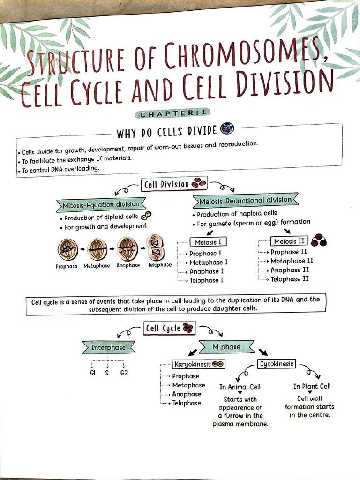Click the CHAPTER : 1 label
173,113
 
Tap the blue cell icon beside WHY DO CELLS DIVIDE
227,128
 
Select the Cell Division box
174,184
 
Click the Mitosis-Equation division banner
101,205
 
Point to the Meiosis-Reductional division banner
246,201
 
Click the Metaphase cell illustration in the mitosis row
97,249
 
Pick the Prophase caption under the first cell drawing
67,266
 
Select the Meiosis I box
208,242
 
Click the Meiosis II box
289,241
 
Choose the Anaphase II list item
290,270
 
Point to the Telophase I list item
207,280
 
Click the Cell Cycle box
169,328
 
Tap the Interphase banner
109,347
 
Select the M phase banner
226,347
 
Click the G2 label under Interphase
124,373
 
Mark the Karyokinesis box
199,364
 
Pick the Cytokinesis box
277,364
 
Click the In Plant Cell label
312,386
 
